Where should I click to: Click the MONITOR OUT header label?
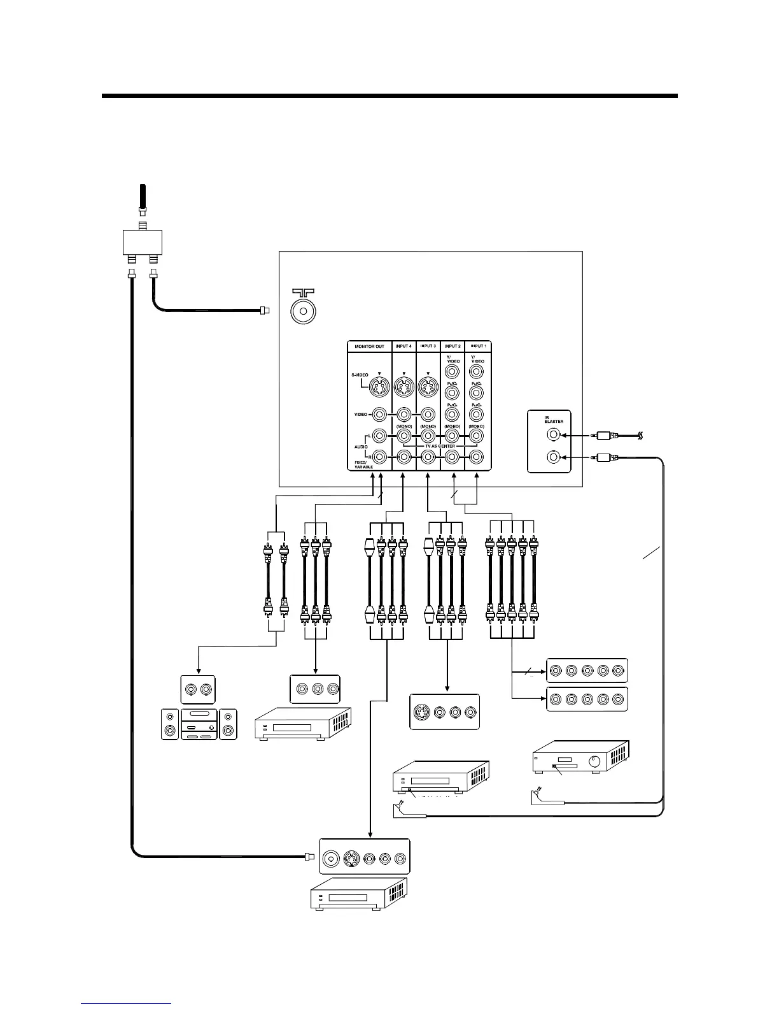point(369,347)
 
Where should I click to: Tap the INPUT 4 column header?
point(404,347)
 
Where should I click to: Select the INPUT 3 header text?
point(428,347)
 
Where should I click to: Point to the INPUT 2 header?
point(453,347)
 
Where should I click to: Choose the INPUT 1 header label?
point(477,347)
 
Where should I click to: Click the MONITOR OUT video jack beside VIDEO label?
point(380,415)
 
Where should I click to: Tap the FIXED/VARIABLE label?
point(364,465)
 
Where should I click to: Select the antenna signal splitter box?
point(143,241)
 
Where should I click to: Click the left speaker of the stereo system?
point(170,724)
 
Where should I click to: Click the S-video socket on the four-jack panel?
point(423,712)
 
